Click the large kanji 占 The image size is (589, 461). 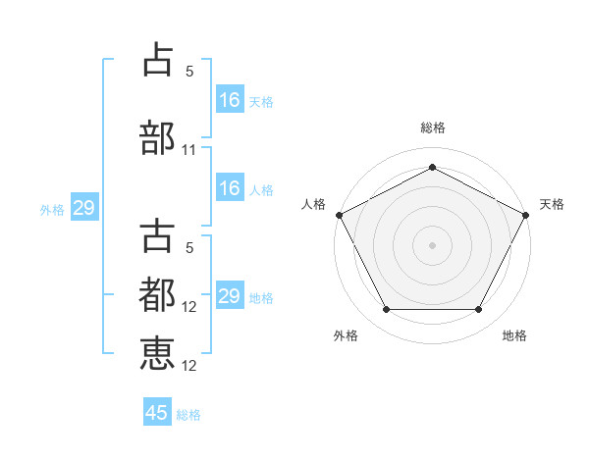tap(158, 59)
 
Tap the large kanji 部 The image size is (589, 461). tap(157, 137)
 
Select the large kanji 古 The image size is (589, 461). tap(157, 235)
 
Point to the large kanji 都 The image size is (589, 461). tap(157, 294)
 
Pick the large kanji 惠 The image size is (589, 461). tap(157, 353)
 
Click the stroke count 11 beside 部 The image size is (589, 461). tap(188, 150)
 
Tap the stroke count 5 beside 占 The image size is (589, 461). tap(189, 72)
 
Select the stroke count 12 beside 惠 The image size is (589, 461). tap(188, 366)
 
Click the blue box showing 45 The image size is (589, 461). tap(157, 411)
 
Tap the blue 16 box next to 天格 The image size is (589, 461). tap(231, 99)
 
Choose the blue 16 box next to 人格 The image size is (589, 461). tap(231, 187)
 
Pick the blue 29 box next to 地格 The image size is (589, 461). tap(231, 294)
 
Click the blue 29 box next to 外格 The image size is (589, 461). tap(84, 207)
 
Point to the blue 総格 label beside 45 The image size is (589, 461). tap(188, 415)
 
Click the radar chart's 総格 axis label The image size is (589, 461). tap(433, 128)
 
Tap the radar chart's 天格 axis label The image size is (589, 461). tap(552, 204)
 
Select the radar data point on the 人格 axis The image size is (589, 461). tap(340, 215)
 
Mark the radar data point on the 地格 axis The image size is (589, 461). tap(478, 309)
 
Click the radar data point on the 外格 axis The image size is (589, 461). tap(387, 309)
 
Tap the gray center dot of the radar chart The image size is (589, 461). tap(432, 245)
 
